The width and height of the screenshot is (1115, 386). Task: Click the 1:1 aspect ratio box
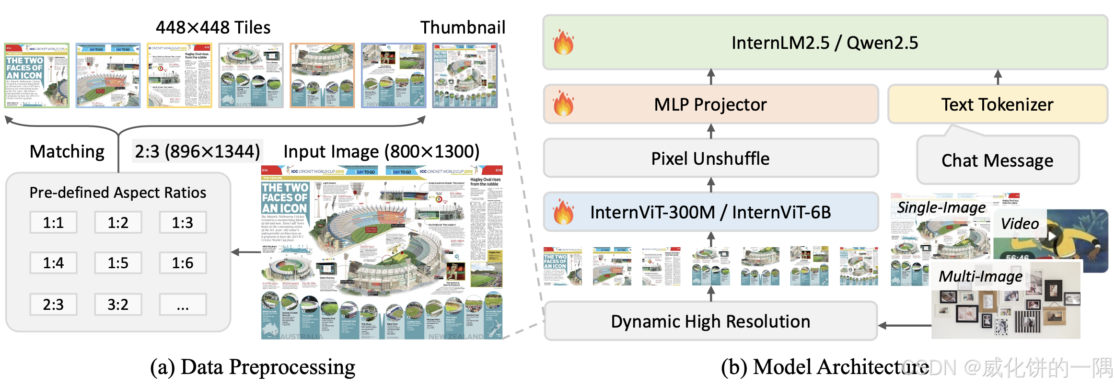[53, 223]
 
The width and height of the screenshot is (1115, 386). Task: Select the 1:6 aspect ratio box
[183, 263]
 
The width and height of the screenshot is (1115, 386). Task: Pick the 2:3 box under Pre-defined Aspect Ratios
[53, 305]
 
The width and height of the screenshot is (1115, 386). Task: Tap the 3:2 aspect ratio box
[118, 305]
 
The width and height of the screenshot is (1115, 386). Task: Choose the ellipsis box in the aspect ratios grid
[183, 305]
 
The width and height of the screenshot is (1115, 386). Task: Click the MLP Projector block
[710, 104]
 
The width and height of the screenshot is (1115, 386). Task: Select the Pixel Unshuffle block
[710, 159]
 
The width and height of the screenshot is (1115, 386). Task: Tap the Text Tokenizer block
[997, 104]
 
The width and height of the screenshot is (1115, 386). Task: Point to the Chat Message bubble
[997, 160]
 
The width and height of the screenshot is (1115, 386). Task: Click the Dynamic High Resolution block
[710, 321]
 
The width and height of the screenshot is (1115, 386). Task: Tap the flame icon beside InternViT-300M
[564, 212]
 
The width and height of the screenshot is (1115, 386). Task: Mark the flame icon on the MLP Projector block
[564, 104]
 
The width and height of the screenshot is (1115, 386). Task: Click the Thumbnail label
[463, 27]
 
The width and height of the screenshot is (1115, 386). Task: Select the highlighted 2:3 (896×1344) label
[197, 151]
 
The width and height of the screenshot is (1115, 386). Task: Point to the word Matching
[67, 151]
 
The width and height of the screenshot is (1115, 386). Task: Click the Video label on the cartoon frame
[1020, 224]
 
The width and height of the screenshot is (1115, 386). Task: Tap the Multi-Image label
[980, 276]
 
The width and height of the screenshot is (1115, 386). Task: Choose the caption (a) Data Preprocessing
[253, 367]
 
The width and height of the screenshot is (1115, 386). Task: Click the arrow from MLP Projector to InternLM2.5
[711, 77]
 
